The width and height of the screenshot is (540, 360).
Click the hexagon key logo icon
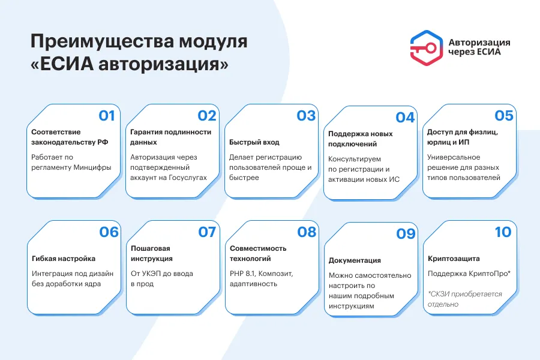[427, 48]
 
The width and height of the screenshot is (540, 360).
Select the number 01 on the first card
[107, 115]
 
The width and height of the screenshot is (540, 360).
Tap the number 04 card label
[405, 118]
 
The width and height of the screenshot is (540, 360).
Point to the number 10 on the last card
[503, 232]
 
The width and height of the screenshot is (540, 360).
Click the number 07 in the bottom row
[207, 232]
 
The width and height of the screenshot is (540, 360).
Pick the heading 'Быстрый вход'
[254, 142]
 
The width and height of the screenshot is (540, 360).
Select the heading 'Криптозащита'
[454, 259]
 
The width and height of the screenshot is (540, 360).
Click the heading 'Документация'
[355, 260]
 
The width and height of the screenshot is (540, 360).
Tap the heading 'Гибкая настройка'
[64, 259]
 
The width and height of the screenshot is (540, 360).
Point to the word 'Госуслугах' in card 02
[188, 178]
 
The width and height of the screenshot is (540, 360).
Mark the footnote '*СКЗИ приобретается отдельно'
[465, 299]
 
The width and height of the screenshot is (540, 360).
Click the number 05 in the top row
[504, 115]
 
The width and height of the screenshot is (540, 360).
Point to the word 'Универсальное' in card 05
[454, 157]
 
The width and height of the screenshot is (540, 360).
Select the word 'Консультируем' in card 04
[355, 159]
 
